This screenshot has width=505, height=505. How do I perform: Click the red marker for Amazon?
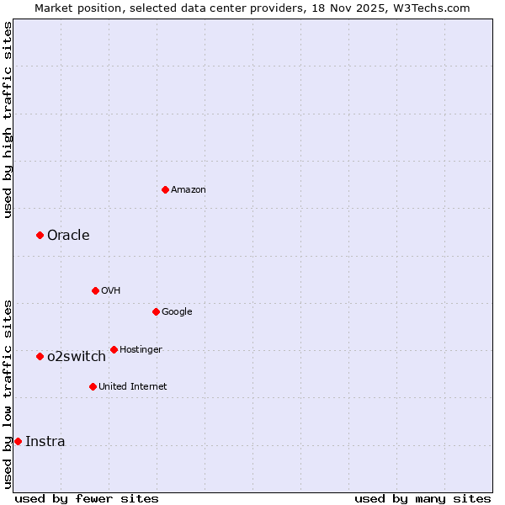point(165,189)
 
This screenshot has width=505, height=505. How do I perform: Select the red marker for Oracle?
point(40,235)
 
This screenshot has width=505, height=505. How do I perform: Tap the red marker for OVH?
point(95,290)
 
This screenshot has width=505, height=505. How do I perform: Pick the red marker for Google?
point(156,311)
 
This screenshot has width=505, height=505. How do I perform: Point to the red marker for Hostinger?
point(114,349)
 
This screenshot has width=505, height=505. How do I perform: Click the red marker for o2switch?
point(40,356)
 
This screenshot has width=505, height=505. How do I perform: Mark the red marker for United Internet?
point(93,386)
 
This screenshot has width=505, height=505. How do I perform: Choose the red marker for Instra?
point(18,441)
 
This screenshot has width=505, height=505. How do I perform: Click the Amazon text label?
point(189,190)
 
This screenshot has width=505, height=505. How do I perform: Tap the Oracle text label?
point(68,236)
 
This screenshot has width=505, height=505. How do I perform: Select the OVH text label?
point(111,291)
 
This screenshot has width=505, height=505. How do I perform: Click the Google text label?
point(177,312)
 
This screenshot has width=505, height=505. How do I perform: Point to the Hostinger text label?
point(141,350)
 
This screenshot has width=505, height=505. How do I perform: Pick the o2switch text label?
point(77,357)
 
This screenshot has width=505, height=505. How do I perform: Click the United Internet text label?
point(133,387)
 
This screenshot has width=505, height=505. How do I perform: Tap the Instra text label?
point(45,442)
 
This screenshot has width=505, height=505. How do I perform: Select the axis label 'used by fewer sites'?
point(87,498)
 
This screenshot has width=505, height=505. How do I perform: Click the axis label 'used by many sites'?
point(423,498)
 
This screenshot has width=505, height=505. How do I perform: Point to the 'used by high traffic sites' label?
point(8,120)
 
